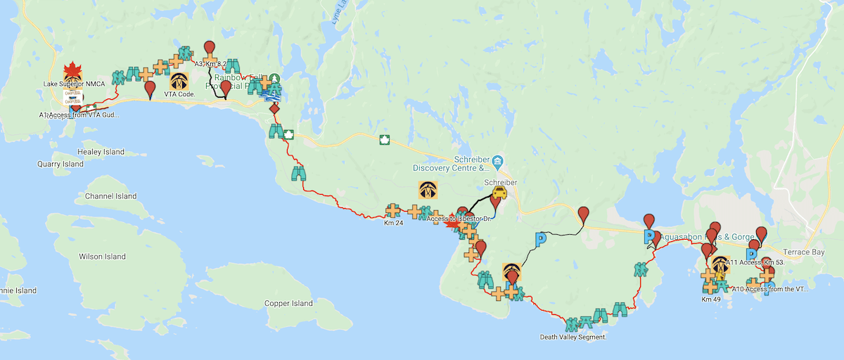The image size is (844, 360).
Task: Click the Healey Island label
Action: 101,152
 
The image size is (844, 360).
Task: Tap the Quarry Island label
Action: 60,164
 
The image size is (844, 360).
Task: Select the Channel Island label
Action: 110,196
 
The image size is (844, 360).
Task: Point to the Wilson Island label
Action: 101,257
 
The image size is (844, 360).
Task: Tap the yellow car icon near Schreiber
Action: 499,193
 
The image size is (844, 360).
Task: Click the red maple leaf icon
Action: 71,70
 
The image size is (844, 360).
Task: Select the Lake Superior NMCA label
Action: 74,84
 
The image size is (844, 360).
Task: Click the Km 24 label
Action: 393,224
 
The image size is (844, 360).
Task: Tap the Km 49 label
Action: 711,299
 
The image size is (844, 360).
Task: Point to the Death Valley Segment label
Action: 573,337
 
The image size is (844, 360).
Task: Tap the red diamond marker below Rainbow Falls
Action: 274,110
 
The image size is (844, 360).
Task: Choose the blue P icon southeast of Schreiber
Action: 541,240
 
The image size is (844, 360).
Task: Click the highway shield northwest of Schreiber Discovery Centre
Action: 384,140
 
